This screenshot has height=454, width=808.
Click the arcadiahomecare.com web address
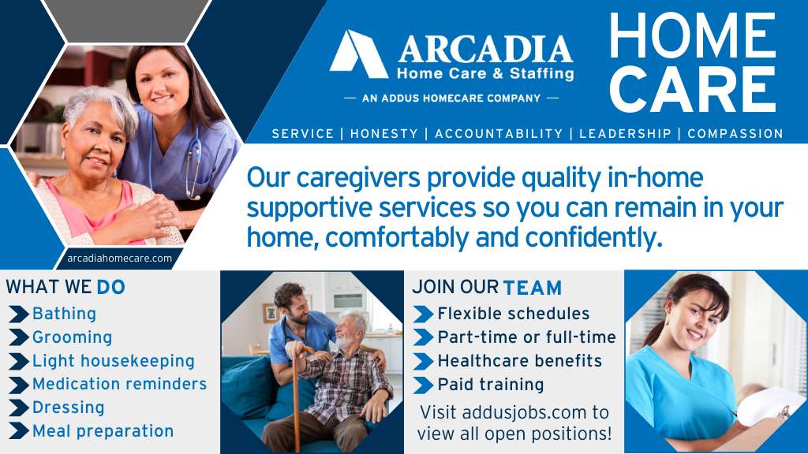pyautogui.click(x=119, y=258)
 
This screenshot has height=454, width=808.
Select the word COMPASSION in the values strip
pyautogui.click(x=735, y=134)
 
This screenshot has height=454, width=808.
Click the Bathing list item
pyautogui.click(x=64, y=314)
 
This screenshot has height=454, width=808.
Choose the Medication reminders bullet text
pyautogui.click(x=119, y=384)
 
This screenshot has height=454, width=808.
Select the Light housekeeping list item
pyautogui.click(x=113, y=361)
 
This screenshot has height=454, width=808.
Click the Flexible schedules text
pyautogui.click(x=514, y=314)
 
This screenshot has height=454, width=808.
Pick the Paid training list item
pyautogui.click(x=491, y=385)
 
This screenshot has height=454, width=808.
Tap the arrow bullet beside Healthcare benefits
pyautogui.click(x=424, y=361)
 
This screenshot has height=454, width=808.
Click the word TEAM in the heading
pyautogui.click(x=533, y=288)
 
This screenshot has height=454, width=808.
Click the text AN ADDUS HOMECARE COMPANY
pyautogui.click(x=451, y=99)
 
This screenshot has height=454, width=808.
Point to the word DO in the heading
pyautogui.click(x=111, y=287)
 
